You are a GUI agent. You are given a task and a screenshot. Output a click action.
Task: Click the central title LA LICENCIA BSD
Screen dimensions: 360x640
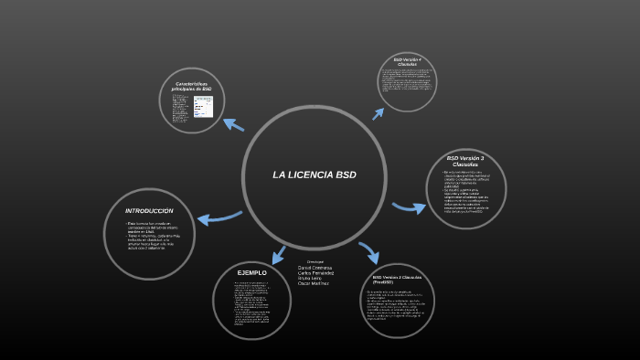click(314, 175)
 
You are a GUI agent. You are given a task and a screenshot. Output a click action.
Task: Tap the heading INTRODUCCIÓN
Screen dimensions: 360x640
click(149, 211)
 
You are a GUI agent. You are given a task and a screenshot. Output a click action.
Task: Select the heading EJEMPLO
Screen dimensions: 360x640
click(251, 273)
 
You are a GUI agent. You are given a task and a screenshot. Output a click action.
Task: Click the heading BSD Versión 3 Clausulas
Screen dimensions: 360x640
click(465, 161)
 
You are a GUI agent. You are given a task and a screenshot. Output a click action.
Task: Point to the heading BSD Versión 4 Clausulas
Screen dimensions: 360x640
click(408, 62)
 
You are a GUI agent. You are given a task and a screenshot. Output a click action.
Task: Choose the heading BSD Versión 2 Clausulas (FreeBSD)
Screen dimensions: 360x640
click(396, 279)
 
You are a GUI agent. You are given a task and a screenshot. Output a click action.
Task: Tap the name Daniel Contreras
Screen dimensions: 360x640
click(315, 267)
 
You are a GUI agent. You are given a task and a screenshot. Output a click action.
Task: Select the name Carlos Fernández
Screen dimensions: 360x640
click(315, 272)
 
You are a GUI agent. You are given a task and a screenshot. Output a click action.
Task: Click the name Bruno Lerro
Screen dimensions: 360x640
click(310, 278)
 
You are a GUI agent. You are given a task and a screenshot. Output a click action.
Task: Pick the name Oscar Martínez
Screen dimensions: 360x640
click(314, 283)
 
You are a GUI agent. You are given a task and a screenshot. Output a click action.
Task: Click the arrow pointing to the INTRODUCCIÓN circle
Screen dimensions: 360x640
click(218, 217)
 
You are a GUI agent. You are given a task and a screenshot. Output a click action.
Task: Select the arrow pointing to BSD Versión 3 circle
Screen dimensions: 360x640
click(409, 206)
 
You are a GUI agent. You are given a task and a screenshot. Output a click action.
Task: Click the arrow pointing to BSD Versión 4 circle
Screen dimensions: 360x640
click(377, 112)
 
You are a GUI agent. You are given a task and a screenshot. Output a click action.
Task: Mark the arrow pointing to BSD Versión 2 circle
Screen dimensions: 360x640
click(368, 251)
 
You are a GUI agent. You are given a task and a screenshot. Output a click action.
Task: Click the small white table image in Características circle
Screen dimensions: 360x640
click(203, 107)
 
